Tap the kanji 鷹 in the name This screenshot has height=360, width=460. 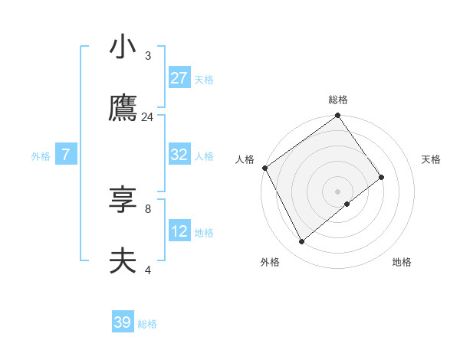pos(123,109)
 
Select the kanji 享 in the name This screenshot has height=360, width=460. pos(123,200)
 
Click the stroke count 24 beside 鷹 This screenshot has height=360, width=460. pos(148,117)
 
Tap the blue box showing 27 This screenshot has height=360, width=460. pos(179,78)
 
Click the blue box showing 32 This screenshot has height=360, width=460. pos(179,155)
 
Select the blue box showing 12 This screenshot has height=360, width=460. pos(179,231)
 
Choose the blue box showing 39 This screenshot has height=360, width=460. pos(123,322)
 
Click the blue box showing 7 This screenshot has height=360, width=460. pos(66,155)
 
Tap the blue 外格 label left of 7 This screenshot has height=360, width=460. pos(41,155)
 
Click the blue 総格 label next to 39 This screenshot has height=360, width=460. pos(147,324)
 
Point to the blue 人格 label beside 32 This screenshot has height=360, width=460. pos(204,155)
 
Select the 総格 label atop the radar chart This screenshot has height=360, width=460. pos(338,100)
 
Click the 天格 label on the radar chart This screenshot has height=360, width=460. pos(432,159)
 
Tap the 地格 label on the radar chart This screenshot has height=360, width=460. pos(402,262)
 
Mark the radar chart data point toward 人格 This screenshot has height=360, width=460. pos(264,168)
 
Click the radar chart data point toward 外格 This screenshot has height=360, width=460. pos(301,242)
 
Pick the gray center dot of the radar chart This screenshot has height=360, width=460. pos(338,191)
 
